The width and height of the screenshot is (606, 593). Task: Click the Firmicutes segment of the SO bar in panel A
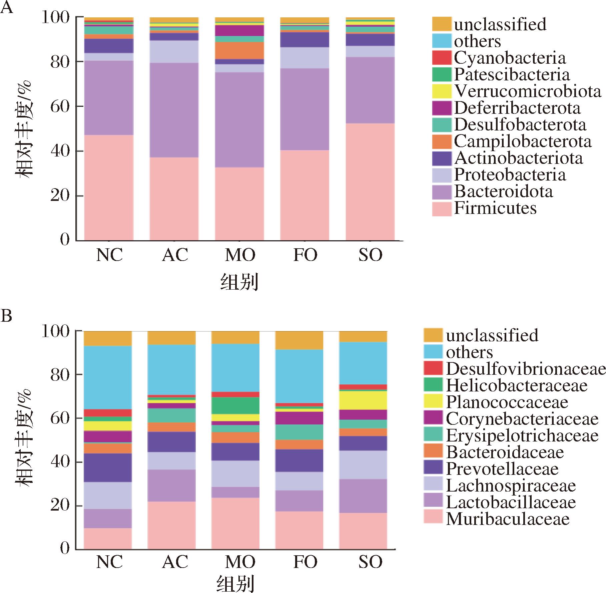tap(370, 182)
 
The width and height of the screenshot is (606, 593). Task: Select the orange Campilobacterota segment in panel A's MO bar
tap(239, 50)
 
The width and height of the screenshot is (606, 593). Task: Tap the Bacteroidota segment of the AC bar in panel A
tap(174, 110)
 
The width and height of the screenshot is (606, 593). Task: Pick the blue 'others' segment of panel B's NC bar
tap(108, 377)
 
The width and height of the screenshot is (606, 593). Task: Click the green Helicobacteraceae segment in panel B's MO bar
tap(235, 405)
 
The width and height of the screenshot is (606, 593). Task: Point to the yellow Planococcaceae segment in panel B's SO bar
tap(363, 400)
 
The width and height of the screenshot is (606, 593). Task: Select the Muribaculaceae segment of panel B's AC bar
tap(172, 525)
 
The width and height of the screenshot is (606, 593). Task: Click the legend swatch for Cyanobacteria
tap(442, 58)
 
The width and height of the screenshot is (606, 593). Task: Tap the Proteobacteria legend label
tap(510, 175)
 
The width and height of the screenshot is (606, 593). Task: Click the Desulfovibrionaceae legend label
tap(526, 369)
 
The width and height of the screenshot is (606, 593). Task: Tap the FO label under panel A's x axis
tap(305, 255)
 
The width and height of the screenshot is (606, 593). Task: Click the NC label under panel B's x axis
tap(109, 562)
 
